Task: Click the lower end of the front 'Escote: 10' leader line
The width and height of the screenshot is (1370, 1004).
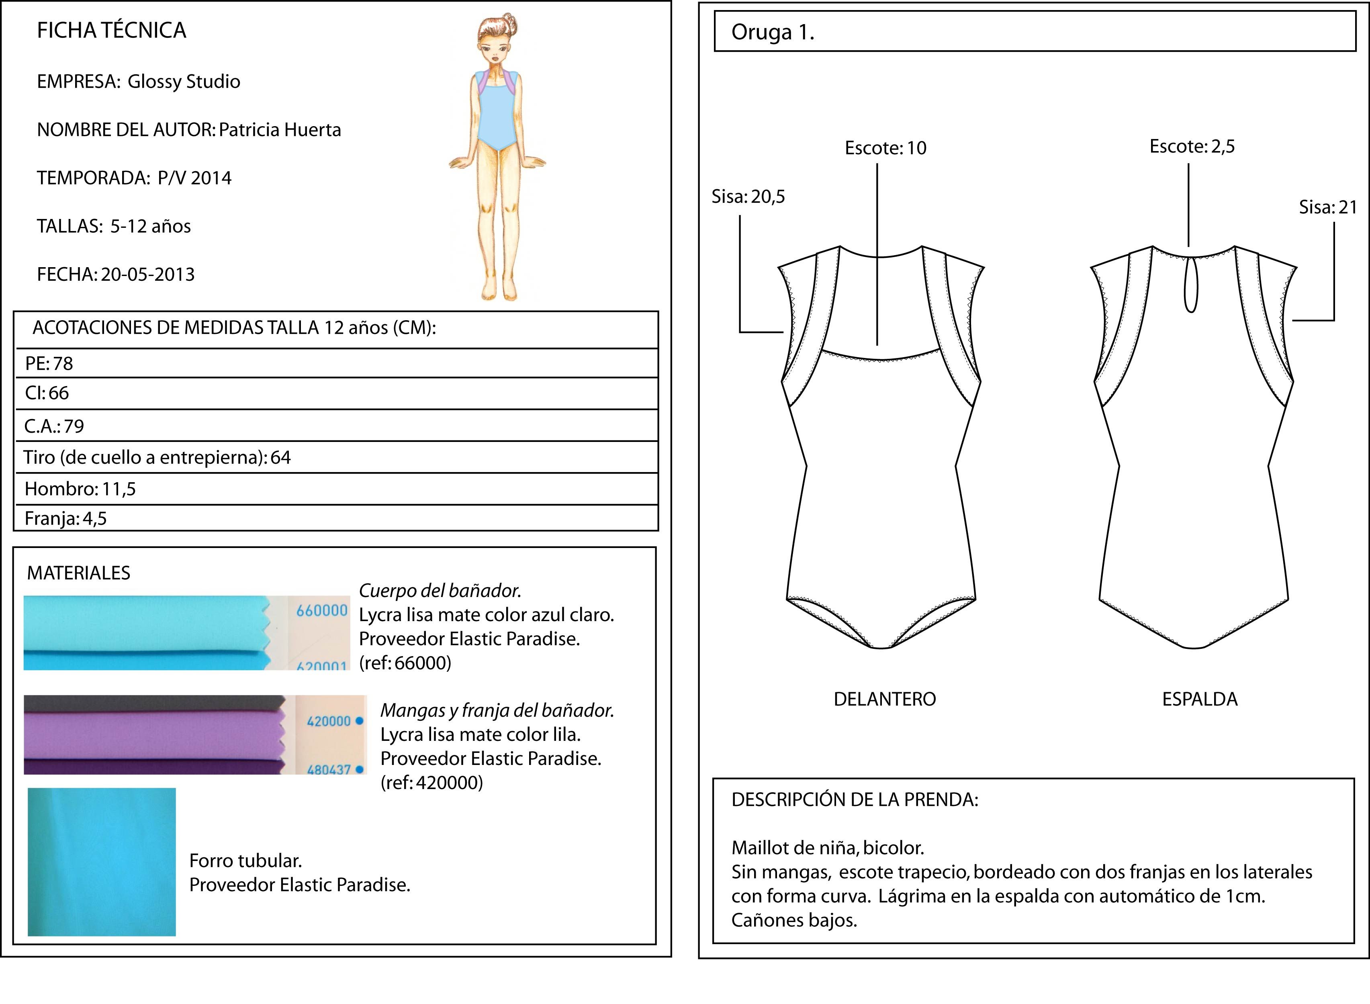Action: [877, 345]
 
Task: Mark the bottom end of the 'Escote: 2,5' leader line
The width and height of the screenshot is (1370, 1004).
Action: [1188, 246]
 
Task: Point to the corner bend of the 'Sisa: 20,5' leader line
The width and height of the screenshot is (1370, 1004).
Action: [740, 332]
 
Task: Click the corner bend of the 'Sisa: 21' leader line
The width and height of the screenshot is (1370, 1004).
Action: [1334, 320]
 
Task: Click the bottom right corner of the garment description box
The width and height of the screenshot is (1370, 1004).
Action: [1354, 943]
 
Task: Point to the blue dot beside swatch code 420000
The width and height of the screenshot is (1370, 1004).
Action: [359, 721]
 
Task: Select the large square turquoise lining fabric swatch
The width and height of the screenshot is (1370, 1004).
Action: [102, 862]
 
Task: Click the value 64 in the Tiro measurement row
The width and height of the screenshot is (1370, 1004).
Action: [281, 457]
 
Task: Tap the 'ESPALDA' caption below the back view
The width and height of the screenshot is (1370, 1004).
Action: [1200, 699]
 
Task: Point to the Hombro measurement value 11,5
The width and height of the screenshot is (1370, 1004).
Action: [119, 489]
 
